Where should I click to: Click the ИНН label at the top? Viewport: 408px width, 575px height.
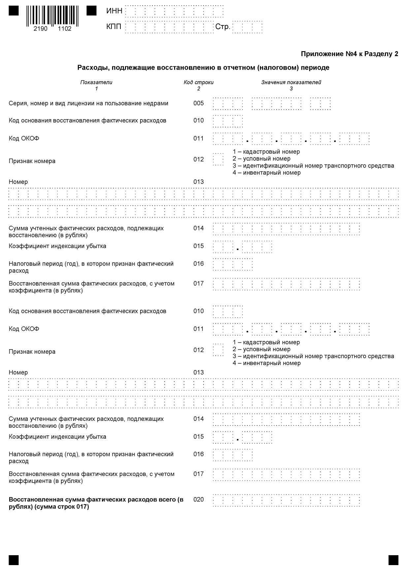click(x=114, y=11)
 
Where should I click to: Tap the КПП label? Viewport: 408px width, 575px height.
click(x=114, y=27)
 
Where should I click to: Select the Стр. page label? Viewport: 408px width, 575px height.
click(x=223, y=27)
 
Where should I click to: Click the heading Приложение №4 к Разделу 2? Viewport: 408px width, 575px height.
click(x=349, y=54)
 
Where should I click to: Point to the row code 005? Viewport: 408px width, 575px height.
click(x=199, y=103)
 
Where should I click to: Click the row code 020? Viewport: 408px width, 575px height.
click(x=199, y=499)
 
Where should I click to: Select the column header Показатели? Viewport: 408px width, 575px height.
click(x=96, y=82)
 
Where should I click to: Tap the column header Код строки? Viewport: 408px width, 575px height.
click(x=199, y=82)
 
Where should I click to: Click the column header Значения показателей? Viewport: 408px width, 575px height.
click(x=291, y=82)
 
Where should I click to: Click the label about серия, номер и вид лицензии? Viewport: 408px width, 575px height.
click(x=88, y=103)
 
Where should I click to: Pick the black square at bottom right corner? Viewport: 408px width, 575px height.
click(x=393, y=560)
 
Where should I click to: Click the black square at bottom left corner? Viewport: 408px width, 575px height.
click(x=14, y=560)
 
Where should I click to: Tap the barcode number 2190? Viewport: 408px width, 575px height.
click(x=41, y=29)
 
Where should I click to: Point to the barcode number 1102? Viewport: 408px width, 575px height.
click(x=65, y=29)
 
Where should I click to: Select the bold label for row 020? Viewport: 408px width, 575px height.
click(x=96, y=503)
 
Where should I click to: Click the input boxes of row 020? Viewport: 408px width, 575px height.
click(x=286, y=500)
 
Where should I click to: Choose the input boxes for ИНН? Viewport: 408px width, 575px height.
click(x=174, y=11)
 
